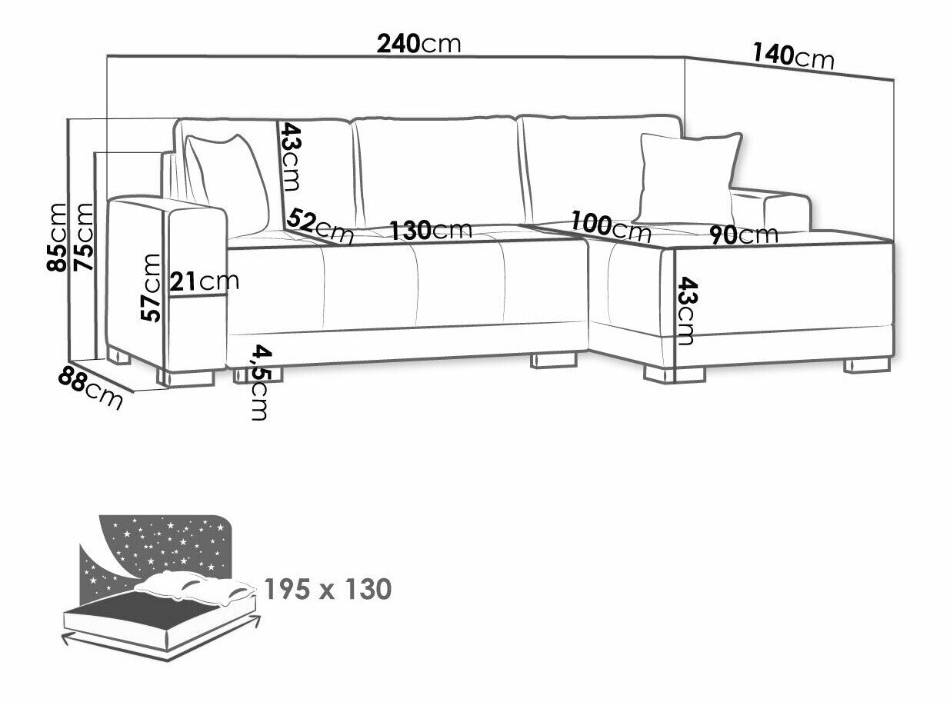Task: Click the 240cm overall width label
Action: click(418, 43)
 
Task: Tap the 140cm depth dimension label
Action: click(792, 55)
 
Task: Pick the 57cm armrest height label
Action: click(152, 288)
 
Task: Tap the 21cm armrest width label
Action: click(205, 282)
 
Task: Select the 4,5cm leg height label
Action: click(260, 383)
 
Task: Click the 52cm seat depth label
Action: click(319, 226)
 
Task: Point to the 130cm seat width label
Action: click(430, 230)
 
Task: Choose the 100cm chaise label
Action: click(612, 225)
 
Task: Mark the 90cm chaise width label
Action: click(743, 235)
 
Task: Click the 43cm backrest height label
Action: click(290, 157)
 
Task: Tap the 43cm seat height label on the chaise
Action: click(686, 312)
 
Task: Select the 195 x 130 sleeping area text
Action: click(327, 590)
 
